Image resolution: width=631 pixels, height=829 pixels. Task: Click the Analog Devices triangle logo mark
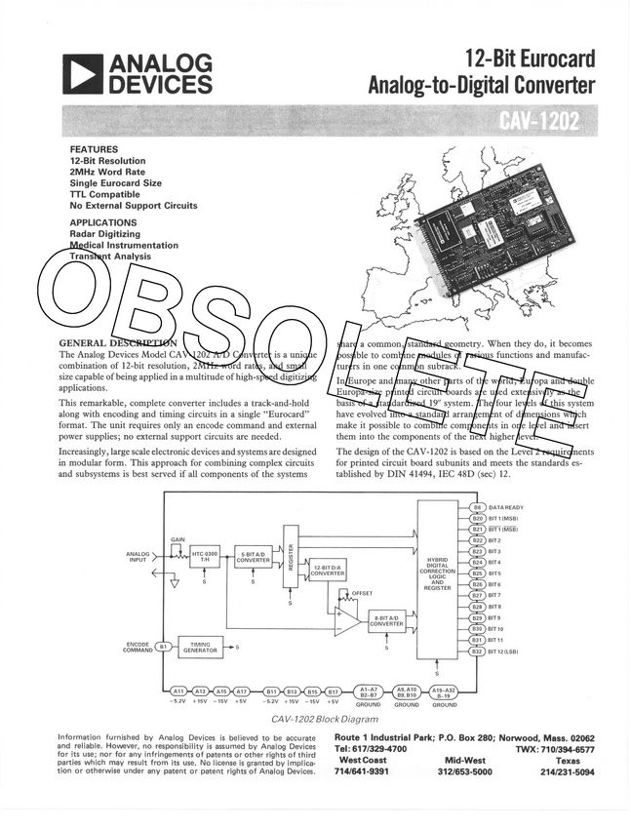point(82,73)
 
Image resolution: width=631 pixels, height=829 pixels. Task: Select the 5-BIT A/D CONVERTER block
point(253,557)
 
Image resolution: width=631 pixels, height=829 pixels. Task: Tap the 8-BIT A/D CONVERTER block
point(386,620)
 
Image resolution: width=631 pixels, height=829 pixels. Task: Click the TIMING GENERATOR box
point(200,646)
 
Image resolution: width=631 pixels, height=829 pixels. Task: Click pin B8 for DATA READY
point(477,508)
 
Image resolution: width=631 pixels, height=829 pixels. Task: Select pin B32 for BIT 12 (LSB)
point(477,651)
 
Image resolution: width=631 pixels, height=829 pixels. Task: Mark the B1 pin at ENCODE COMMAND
point(164,645)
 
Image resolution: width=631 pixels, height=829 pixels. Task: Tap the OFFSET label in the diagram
point(361,592)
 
